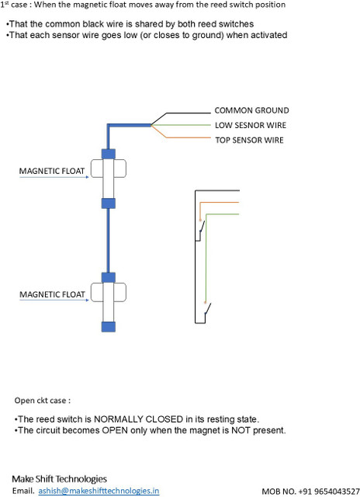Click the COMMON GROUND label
tap(251, 110)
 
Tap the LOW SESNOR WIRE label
tap(251, 125)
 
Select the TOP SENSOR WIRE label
tap(249, 140)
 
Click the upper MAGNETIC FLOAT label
tap(52, 171)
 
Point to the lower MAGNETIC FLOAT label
tap(52, 294)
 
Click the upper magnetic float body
tap(109, 169)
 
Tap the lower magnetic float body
tap(109, 292)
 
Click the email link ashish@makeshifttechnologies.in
tap(99, 491)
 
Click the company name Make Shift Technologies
tap(60, 478)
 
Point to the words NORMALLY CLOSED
tap(138, 419)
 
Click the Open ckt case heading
tap(43, 401)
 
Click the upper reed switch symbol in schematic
tap(202, 228)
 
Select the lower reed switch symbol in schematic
tap(207, 308)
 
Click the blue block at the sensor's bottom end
tap(109, 327)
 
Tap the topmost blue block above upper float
tap(109, 154)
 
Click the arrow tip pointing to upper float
tap(88, 177)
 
